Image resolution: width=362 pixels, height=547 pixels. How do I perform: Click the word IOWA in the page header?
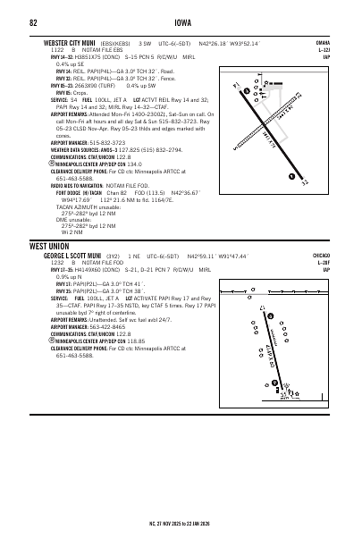click(x=181, y=22)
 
